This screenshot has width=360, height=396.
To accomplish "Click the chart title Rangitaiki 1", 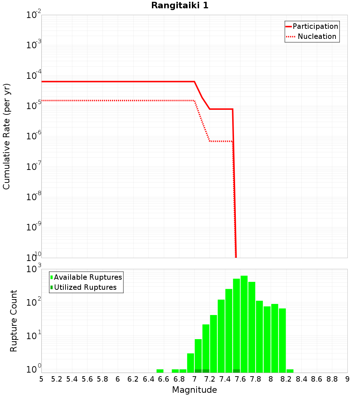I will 180,5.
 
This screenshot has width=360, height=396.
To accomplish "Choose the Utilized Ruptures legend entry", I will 85,287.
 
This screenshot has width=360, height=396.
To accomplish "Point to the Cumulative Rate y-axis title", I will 6,136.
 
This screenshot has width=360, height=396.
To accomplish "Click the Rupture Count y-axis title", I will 14,321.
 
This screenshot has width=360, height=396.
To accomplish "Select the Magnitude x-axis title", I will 194,390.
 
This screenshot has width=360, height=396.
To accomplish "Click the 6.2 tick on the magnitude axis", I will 133,379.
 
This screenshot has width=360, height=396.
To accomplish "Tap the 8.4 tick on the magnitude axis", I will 302,379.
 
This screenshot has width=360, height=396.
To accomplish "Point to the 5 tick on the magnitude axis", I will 41,379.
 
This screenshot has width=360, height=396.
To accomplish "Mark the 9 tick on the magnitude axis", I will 347,379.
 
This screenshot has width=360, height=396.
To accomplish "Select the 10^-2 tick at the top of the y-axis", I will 34,15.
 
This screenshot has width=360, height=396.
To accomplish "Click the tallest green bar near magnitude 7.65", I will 244,324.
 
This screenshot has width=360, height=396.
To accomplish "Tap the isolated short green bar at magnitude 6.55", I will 160,371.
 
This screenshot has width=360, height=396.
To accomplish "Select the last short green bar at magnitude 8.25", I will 290,371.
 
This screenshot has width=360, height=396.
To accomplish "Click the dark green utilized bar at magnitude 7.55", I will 236,371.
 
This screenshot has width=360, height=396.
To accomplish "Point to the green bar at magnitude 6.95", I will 190,363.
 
